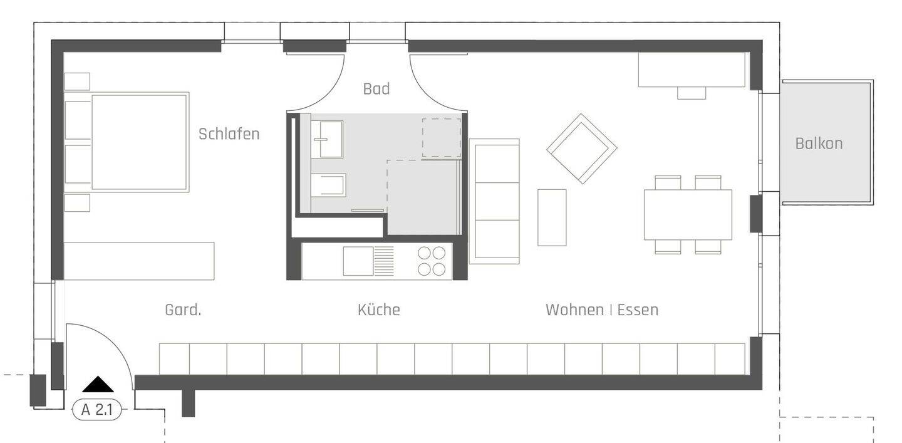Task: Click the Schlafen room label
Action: [x=229, y=134]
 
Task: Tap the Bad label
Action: [x=376, y=89]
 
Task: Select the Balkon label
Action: [x=819, y=143]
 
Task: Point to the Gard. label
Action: [x=183, y=310]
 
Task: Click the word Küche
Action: [x=379, y=310]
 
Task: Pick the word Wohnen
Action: [x=574, y=310]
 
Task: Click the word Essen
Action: [x=638, y=310]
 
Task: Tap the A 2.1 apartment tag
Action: [x=96, y=410]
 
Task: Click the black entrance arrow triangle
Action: [x=98, y=385]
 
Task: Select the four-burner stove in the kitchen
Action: [x=431, y=261]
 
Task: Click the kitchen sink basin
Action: [x=358, y=261]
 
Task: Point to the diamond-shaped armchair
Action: [x=581, y=149]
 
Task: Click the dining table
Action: [x=688, y=215]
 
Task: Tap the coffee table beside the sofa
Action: [x=552, y=217]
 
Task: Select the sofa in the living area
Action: [x=494, y=201]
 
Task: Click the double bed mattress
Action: [x=140, y=142]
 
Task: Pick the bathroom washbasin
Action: [x=326, y=139]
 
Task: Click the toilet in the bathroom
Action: [x=328, y=185]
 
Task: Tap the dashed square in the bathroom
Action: [x=442, y=138]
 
